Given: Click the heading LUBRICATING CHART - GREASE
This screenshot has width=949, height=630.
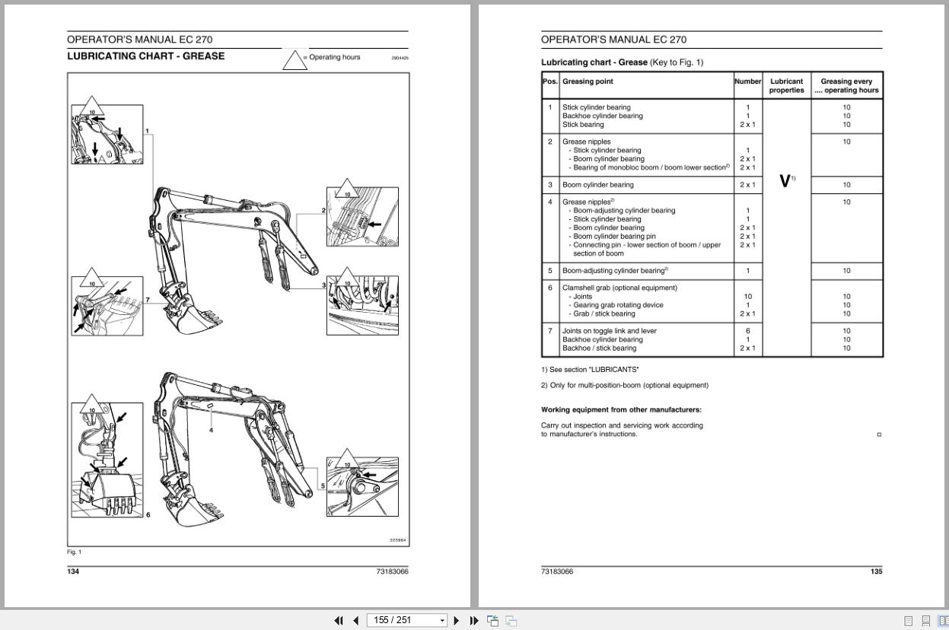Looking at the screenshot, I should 145,56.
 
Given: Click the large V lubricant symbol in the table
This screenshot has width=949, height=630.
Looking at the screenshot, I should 785,181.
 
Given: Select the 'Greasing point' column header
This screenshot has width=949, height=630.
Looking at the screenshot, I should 588,81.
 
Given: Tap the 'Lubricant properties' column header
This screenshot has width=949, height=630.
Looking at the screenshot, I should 786,85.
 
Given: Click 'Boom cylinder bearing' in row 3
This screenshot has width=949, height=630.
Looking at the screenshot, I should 597,185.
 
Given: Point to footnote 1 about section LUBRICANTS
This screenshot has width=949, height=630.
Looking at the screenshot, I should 590,370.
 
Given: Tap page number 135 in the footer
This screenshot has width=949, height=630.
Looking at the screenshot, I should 876,571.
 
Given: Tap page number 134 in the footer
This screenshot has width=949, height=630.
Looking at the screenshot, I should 73,571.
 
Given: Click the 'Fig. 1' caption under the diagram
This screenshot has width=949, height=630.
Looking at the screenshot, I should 74,552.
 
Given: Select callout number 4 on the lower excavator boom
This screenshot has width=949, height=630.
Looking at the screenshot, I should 211,430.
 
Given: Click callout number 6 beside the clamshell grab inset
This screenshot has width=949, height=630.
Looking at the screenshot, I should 148,515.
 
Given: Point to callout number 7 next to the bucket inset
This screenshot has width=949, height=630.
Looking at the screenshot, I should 148,300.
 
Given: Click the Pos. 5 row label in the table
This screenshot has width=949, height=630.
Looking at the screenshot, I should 549,271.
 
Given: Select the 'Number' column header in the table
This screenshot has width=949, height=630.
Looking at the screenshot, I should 747,81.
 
